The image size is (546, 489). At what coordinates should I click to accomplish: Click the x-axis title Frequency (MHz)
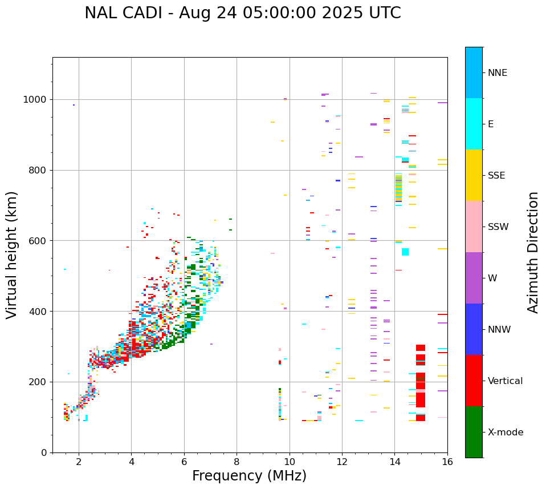[249, 476]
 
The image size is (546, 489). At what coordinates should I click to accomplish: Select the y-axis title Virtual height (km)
[12, 254]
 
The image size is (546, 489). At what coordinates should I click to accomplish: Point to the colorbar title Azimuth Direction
[533, 252]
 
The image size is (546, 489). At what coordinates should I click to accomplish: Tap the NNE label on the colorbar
[497, 73]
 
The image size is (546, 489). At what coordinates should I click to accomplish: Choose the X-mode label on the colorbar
[505, 433]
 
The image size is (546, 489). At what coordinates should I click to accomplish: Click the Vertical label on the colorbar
[505, 381]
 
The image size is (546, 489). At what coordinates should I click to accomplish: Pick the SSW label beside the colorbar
[498, 227]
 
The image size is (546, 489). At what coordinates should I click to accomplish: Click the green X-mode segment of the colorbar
[474, 432]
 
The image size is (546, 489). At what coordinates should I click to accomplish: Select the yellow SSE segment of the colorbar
[474, 175]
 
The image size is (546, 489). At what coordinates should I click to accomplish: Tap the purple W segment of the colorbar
[474, 278]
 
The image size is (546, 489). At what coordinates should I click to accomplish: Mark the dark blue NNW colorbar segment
[474, 329]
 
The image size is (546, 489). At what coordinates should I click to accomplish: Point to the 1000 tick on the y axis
[35, 99]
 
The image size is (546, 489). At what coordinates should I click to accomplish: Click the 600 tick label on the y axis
[38, 241]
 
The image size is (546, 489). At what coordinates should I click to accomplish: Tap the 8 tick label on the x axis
[237, 462]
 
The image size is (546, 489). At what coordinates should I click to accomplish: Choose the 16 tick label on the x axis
[447, 462]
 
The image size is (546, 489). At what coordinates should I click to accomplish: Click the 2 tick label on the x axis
[79, 462]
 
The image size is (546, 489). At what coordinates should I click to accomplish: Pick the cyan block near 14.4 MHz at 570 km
[405, 252]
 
